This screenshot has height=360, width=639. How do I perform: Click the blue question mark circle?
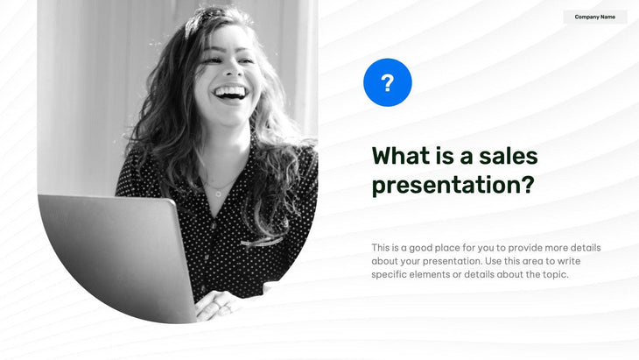pyautogui.click(x=387, y=83)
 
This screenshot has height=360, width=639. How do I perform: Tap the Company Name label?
pyautogui.click(x=594, y=17)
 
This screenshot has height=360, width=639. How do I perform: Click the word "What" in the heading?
pyautogui.click(x=399, y=156)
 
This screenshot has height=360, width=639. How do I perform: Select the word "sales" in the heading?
pyautogui.click(x=509, y=156)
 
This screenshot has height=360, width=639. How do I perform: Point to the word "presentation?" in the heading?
pyautogui.click(x=452, y=186)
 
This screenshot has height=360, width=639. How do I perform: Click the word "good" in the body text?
pyautogui.click(x=423, y=248)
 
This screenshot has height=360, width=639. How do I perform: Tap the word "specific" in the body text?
pyautogui.click(x=389, y=275)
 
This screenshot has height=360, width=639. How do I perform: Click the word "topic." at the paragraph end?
pyautogui.click(x=555, y=275)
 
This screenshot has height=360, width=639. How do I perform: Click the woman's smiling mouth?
pyautogui.click(x=229, y=92)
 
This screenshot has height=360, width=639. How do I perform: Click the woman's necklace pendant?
pyautogui.click(x=218, y=192)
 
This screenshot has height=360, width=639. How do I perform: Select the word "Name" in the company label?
pyautogui.click(x=607, y=17)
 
